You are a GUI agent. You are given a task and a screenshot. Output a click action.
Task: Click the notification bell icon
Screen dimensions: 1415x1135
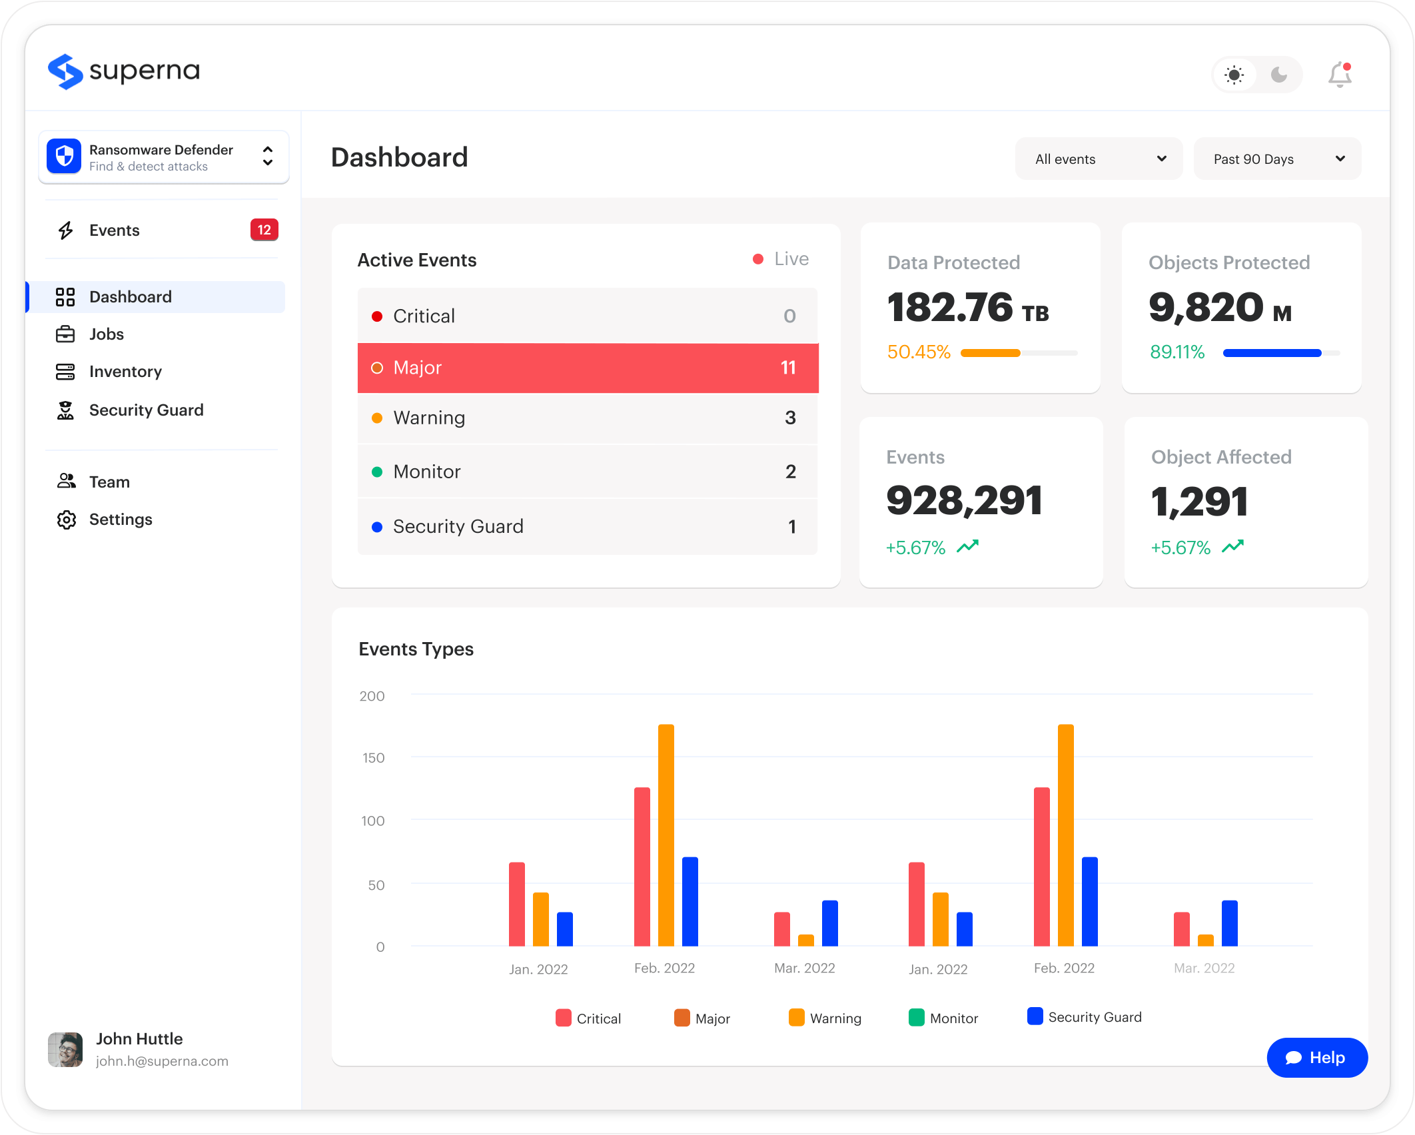tap(1340, 75)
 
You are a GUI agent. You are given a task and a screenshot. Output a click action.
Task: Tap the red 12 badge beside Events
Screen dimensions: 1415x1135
tap(264, 230)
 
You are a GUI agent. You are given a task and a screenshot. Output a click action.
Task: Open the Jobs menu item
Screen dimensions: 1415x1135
tap(107, 334)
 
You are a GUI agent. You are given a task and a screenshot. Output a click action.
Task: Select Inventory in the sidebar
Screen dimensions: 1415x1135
tap(125, 371)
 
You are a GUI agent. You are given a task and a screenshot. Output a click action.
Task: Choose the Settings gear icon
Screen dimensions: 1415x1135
tap(66, 520)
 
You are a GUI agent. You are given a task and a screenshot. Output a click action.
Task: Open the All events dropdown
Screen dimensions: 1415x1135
tap(1099, 159)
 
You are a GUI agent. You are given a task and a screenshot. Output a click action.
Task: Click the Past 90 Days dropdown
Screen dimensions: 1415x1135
tap(1277, 159)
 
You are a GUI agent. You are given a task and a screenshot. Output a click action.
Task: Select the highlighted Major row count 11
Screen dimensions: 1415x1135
tap(788, 368)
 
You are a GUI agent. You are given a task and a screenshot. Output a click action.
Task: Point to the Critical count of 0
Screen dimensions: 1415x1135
tap(789, 316)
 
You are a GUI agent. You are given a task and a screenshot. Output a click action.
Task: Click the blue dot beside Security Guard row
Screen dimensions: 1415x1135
tap(377, 527)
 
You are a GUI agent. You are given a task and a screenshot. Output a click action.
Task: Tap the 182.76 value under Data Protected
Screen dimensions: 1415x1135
tap(950, 308)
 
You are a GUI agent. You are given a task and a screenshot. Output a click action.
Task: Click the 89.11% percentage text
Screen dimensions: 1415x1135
tap(1177, 352)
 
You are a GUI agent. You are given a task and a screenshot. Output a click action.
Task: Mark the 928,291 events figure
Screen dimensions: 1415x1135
tap(964, 501)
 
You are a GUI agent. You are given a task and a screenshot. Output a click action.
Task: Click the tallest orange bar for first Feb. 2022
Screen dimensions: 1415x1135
tap(666, 835)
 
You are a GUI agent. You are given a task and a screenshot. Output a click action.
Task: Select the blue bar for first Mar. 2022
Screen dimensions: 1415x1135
tap(830, 923)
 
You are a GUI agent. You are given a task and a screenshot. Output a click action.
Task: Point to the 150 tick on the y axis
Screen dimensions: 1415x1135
tap(373, 758)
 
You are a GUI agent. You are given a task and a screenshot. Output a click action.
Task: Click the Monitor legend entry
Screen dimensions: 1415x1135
tap(943, 1018)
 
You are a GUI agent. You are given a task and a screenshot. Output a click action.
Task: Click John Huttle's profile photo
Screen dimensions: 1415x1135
tap(65, 1050)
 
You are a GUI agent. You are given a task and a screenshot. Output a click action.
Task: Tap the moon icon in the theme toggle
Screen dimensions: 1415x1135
tap(1279, 75)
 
